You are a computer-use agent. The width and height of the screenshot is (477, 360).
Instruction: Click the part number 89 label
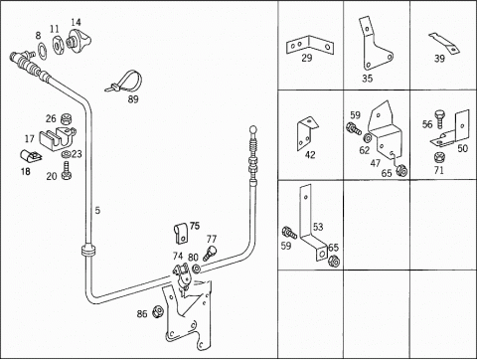[x=133, y=98]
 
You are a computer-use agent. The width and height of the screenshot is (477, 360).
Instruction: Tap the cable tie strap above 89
[x=123, y=82]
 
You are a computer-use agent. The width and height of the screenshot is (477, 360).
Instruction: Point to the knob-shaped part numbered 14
[x=79, y=41]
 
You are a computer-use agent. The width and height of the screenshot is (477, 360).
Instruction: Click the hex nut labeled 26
[x=67, y=118]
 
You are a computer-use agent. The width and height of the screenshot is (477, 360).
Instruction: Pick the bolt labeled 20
[x=67, y=170]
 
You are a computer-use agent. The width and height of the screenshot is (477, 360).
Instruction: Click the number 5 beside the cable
[x=97, y=210]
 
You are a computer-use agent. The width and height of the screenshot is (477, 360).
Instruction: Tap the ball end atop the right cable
[x=253, y=129]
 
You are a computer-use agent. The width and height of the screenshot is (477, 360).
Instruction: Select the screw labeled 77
[x=211, y=253]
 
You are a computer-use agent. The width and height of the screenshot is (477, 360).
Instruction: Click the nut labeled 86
[x=158, y=311]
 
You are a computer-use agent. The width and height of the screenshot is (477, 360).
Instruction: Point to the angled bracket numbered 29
[x=309, y=46]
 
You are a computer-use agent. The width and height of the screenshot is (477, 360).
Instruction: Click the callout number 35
[x=367, y=79]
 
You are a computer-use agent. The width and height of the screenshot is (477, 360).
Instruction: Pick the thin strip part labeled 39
[x=445, y=43]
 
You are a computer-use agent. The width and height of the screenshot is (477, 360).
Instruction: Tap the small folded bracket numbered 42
[x=307, y=133]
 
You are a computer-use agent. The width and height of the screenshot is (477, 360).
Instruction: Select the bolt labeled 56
[x=440, y=119]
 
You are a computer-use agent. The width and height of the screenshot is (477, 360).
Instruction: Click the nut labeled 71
[x=439, y=157]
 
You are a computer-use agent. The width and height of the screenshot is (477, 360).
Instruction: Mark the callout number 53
[x=318, y=227]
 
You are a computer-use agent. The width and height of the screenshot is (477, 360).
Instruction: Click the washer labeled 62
[x=367, y=137]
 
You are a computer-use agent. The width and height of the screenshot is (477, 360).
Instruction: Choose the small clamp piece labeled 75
[x=181, y=234]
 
